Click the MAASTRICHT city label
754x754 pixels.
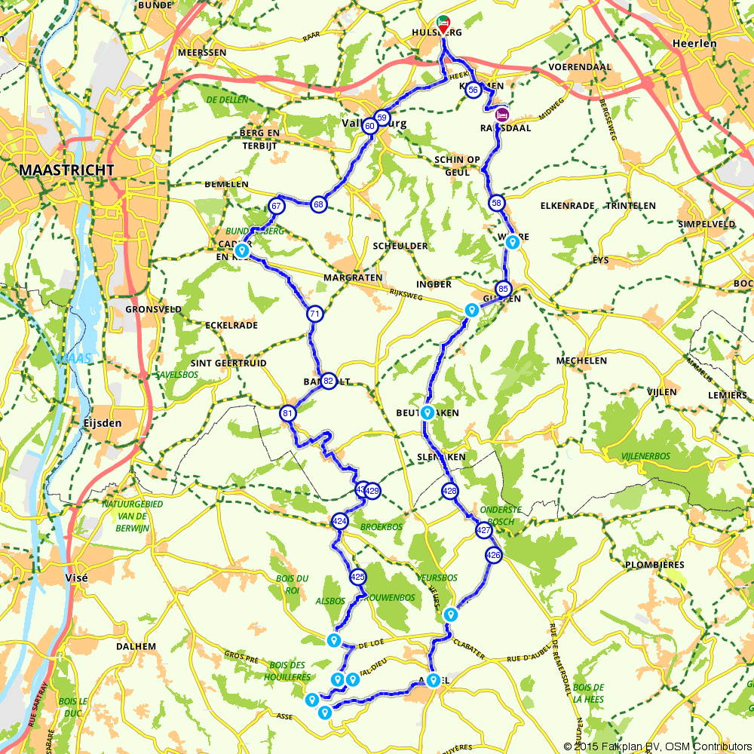pos(67,170)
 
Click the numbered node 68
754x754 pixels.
pos(319,204)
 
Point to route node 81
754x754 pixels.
pos(287,413)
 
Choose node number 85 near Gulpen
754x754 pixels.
pos(504,289)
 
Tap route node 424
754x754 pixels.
pos(339,521)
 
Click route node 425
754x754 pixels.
pos(358,577)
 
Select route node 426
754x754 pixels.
pos(493,556)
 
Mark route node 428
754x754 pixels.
pos(450,491)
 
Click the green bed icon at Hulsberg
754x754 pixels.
pos(443,22)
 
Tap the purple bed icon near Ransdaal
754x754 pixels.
pos(502,115)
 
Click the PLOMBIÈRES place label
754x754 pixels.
pos(655,565)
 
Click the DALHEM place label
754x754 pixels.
pos(136,646)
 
